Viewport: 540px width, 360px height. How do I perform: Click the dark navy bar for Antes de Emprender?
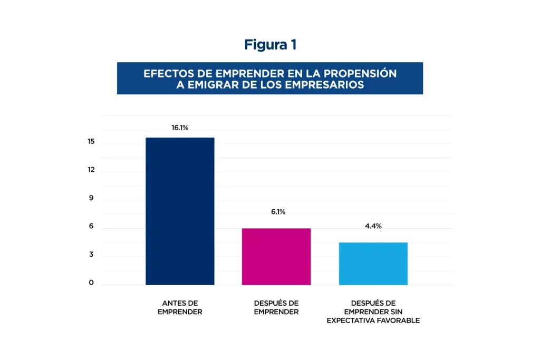(x=180, y=211)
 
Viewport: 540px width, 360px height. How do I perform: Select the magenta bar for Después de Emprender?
(x=276, y=256)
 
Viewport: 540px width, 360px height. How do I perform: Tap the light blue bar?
(x=373, y=264)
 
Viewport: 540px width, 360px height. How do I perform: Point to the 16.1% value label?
(x=180, y=128)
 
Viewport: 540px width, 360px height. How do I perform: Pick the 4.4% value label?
(x=373, y=226)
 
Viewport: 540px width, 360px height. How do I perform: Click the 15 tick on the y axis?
(x=91, y=142)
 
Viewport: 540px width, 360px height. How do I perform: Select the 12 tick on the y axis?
(x=91, y=170)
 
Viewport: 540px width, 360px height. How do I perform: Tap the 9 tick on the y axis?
(x=91, y=198)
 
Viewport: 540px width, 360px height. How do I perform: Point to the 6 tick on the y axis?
(x=91, y=227)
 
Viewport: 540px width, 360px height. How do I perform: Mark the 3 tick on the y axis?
(x=91, y=255)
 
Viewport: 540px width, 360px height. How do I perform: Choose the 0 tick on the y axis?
(x=91, y=283)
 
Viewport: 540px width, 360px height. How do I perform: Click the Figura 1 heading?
(x=270, y=45)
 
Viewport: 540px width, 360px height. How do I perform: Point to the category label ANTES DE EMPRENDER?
(x=180, y=307)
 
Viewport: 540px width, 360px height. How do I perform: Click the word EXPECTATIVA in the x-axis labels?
(x=350, y=320)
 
